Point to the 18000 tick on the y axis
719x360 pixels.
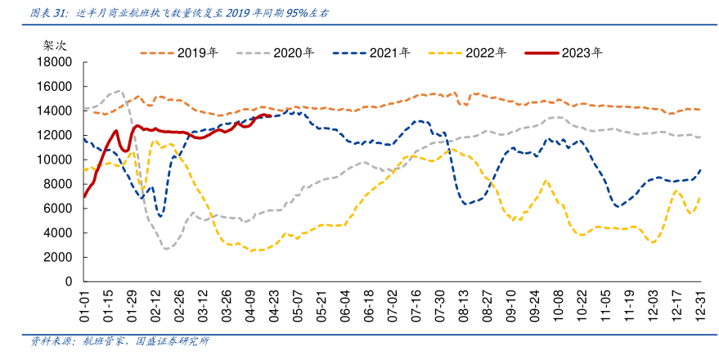pos(56,62)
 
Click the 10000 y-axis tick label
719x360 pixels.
pos(56,160)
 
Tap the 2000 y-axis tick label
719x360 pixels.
pos(59,257)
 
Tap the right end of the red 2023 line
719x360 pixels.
pos(270,116)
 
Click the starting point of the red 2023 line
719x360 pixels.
pos(83,196)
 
